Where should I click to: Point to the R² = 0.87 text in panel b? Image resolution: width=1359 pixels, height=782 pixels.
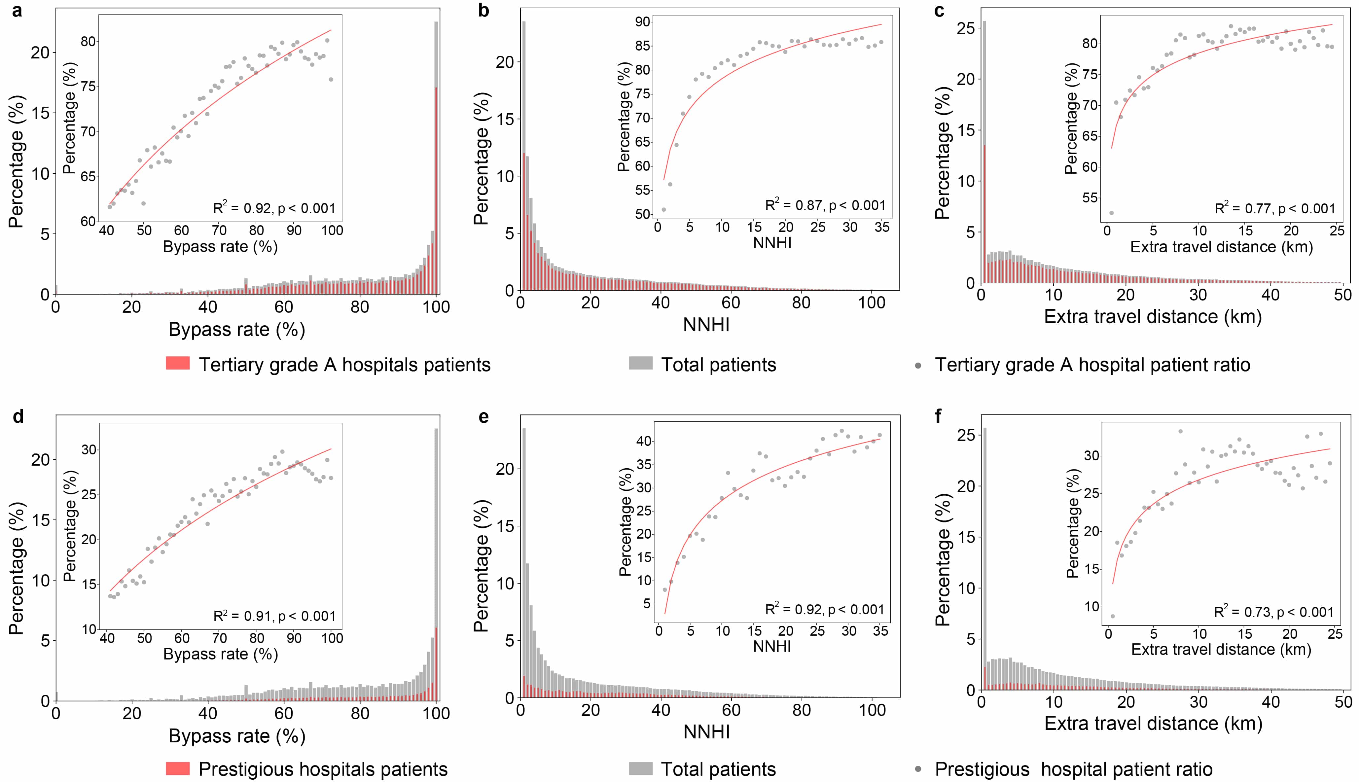825,205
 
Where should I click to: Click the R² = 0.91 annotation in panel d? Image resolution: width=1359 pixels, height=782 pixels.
274,616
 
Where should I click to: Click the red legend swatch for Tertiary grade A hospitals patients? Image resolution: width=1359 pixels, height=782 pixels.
178,364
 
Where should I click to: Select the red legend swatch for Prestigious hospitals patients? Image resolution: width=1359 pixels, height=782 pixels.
178,768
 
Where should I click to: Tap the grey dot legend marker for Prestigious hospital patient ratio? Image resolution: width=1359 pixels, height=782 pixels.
918,770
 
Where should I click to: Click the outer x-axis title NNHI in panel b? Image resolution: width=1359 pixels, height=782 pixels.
706,324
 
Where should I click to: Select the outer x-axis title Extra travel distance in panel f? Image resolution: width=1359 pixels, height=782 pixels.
1153,724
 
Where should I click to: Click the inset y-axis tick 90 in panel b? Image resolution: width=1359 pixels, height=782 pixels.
643,22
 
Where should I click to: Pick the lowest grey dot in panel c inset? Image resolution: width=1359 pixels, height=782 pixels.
1111,213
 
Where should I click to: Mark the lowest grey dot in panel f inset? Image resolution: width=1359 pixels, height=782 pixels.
1113,616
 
